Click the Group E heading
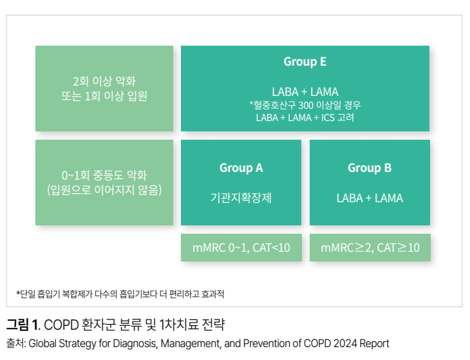(305, 62)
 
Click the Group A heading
(241, 168)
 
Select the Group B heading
(370, 168)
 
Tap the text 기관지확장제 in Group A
(241, 198)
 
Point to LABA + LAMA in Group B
(370, 198)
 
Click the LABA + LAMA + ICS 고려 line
(305, 117)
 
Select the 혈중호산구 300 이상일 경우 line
(305, 105)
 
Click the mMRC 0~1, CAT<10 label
(241, 247)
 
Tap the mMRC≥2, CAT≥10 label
(370, 247)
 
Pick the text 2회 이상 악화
(104, 82)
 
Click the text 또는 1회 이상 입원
(104, 96)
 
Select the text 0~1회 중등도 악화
(104, 175)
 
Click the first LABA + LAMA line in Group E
(305, 91)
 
